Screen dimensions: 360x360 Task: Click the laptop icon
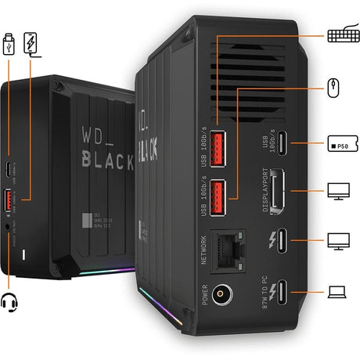337,292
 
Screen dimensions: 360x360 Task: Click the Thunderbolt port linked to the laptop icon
284,292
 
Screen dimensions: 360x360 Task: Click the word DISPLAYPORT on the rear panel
267,191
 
